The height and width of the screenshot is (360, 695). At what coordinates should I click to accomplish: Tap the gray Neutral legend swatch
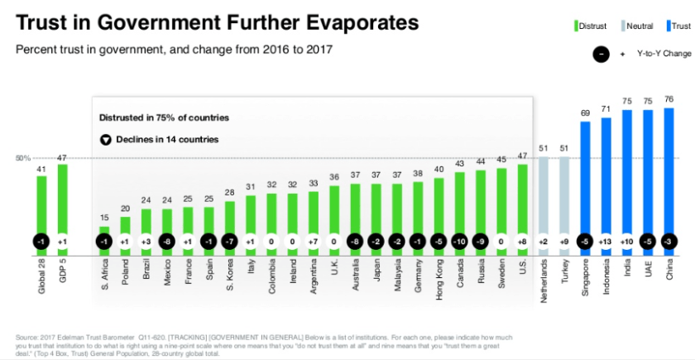click(x=621, y=26)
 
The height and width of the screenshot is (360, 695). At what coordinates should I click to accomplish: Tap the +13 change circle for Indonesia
click(x=606, y=242)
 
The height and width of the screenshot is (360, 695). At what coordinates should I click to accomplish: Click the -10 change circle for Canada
click(x=459, y=242)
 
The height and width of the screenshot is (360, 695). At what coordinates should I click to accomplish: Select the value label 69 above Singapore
click(x=585, y=113)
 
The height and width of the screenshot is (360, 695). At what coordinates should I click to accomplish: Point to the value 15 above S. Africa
click(x=104, y=218)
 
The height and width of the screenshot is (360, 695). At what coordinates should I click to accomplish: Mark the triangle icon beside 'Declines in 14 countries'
click(x=105, y=139)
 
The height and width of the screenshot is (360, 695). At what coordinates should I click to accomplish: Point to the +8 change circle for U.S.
click(x=522, y=242)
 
